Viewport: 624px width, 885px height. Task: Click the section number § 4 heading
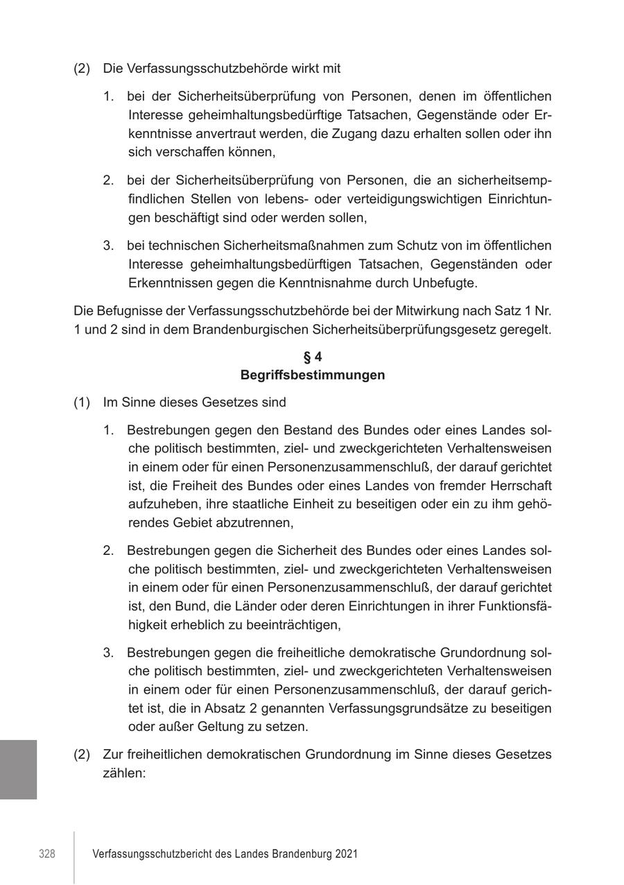pos(313,357)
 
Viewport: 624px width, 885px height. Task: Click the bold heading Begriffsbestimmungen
pos(313,375)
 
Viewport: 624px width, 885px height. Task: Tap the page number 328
pos(47,854)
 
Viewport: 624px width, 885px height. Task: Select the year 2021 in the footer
pos(345,854)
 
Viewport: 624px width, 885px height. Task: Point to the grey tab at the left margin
pos(19,769)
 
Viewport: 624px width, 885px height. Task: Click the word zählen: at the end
pos(124,772)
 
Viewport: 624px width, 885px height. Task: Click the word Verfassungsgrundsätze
pos(398,708)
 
